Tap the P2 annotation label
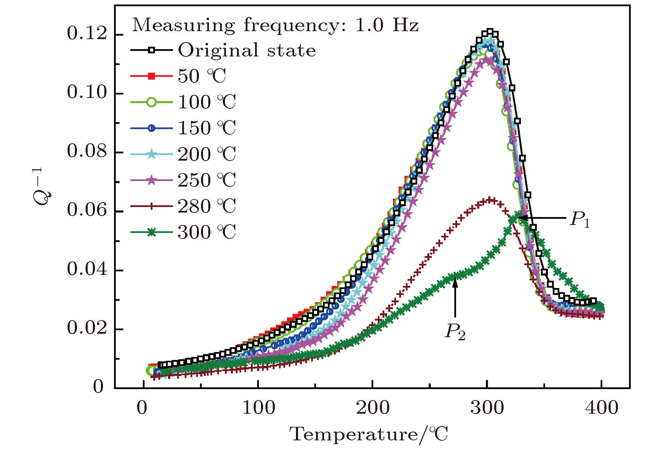tap(455, 332)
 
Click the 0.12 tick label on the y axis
tap(87, 34)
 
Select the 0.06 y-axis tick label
tap(87, 210)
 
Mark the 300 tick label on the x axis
tap(487, 408)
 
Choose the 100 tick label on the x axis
tap(258, 408)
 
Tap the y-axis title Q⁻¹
tap(42, 187)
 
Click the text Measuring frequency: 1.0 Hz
tap(276, 25)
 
